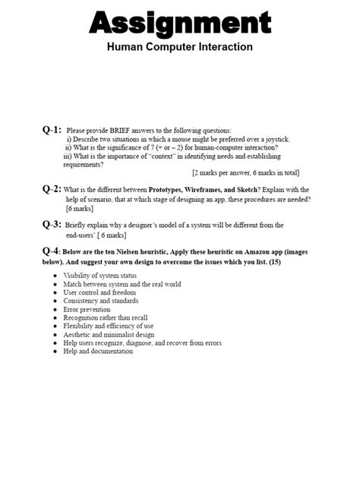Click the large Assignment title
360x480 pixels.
click(x=180, y=23)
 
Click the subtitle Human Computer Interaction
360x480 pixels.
click(x=180, y=47)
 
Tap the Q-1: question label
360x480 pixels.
click(x=52, y=130)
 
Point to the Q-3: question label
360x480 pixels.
click(x=52, y=224)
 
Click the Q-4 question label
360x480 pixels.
click(x=51, y=251)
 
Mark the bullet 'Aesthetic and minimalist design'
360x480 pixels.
click(x=109, y=335)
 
